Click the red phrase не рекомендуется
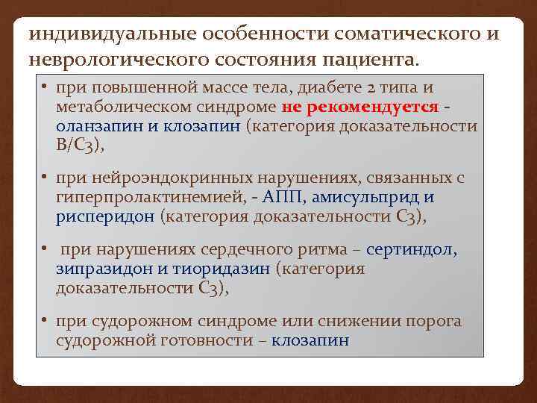tap(360, 107)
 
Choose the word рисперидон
tap(105, 216)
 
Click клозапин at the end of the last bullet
tap(310, 340)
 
